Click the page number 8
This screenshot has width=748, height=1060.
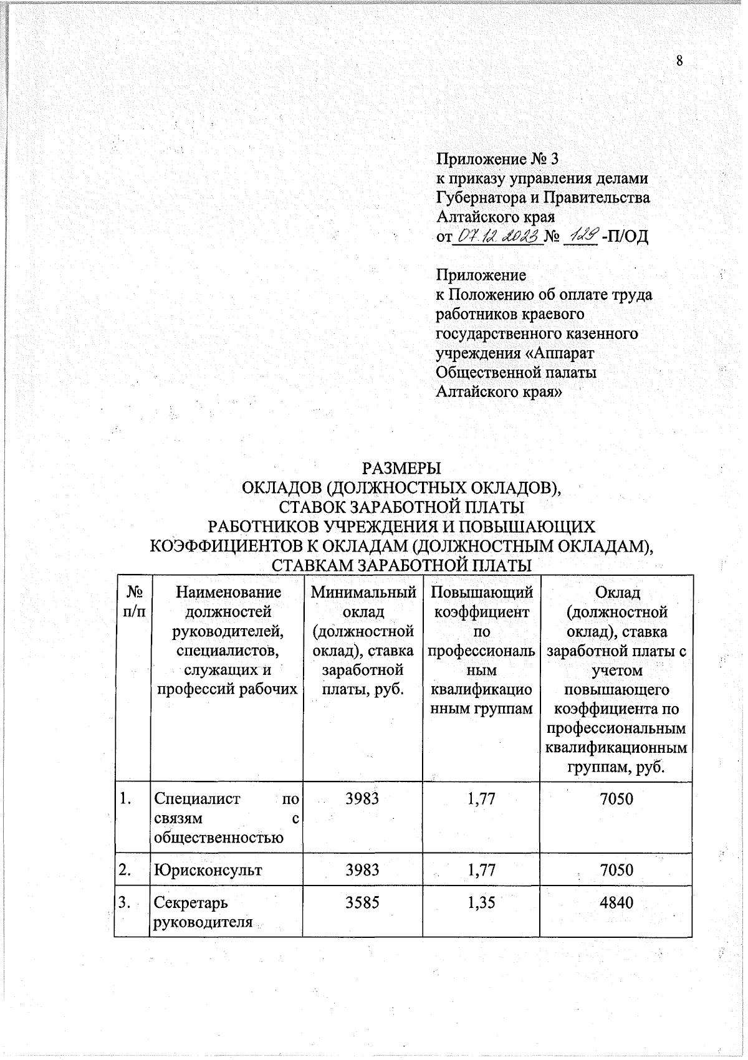click(x=679, y=60)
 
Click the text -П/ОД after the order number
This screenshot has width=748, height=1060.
click(x=625, y=237)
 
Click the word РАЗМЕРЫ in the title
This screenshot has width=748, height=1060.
click(x=401, y=467)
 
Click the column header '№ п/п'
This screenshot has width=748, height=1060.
click(x=132, y=602)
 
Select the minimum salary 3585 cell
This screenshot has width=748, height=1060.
click(x=363, y=902)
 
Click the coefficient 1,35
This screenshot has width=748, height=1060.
click(x=481, y=902)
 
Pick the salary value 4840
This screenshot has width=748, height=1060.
click(x=616, y=902)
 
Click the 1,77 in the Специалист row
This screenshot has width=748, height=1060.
click(x=481, y=798)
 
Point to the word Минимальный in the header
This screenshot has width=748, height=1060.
click(x=363, y=593)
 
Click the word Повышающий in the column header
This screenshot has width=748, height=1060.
click(x=481, y=593)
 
